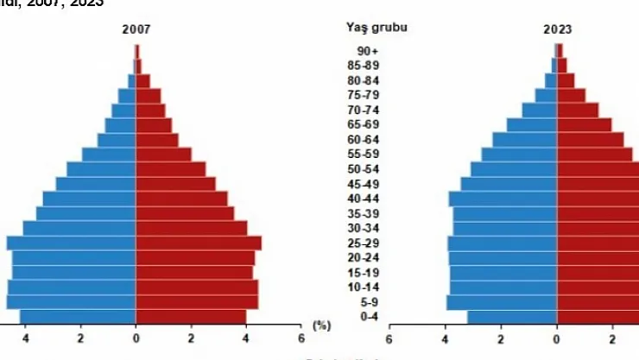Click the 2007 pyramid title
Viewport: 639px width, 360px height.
[x=136, y=29]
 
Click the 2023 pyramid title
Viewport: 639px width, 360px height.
[x=557, y=29]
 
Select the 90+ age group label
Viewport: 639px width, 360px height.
[x=368, y=51]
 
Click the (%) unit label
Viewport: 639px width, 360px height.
[x=321, y=325]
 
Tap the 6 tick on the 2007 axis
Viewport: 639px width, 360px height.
[x=301, y=338]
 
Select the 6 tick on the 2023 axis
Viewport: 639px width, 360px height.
[x=389, y=338]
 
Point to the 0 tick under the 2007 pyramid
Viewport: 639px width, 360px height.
[x=136, y=338]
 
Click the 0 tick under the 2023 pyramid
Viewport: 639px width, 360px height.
[x=557, y=338]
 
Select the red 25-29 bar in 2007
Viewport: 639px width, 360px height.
[x=199, y=243]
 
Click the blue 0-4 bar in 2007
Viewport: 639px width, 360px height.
[x=78, y=317]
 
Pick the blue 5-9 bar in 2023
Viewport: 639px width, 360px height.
[x=502, y=302]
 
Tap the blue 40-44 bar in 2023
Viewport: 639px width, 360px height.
[x=503, y=199]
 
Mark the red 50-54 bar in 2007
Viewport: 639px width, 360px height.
[x=171, y=169]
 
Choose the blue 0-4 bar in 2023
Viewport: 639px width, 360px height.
[x=512, y=317]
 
